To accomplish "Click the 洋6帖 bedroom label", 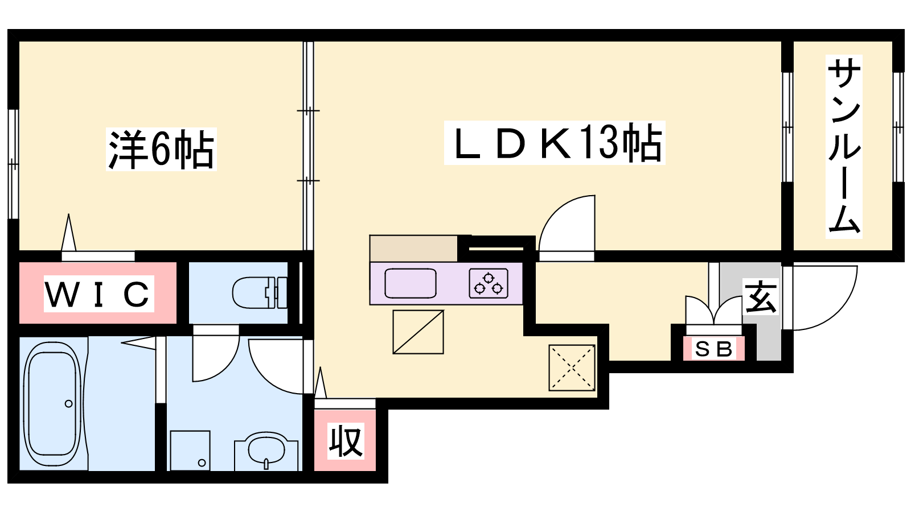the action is point(161,149).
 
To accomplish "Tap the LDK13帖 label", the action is point(555,143).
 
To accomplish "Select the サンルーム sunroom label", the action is point(844,146).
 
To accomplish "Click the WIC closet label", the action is point(99,294).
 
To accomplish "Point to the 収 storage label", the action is point(346,441).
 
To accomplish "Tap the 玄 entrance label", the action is point(760,296).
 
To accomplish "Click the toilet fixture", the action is point(260,292).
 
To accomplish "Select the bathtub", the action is point(52,404).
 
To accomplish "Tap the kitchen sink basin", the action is point(411,283).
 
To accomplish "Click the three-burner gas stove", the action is point(489,283).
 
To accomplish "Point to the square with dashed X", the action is point(572,368).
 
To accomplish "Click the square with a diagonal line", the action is point(418,332).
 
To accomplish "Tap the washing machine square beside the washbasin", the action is point(190,451).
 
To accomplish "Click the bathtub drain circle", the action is point(69,404).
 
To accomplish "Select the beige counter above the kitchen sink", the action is point(413,249).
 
